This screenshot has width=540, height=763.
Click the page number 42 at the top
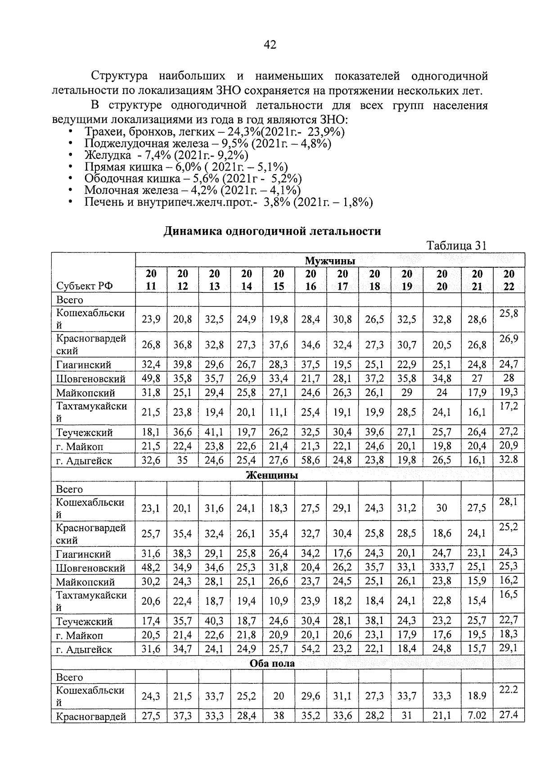[270, 45]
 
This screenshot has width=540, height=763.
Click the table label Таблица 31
[456, 246]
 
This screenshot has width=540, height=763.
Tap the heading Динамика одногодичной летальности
[272, 231]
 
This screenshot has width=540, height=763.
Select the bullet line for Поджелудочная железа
[207, 144]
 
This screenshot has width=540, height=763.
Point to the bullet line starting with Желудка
[166, 155]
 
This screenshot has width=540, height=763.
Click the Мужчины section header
[330, 261]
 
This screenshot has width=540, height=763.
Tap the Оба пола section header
[272, 663]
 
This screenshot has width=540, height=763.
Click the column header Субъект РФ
[85, 286]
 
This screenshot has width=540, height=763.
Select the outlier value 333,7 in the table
[442, 568]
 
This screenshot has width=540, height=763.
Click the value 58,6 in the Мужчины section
[310, 461]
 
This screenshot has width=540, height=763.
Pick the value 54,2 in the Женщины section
[310, 649]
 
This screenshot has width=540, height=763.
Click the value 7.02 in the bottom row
[477, 716]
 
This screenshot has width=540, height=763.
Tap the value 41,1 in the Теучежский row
[215, 433]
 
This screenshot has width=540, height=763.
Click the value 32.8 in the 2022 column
[508, 459]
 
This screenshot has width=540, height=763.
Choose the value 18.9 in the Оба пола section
[477, 696]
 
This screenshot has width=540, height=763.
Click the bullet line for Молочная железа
[192, 190]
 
